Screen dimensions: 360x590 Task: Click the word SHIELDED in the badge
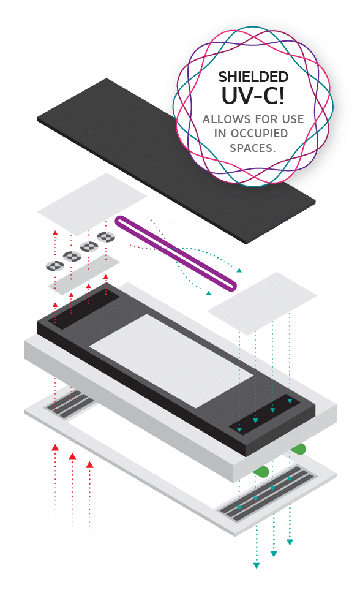pos(253,77)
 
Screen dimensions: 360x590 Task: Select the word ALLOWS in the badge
pos(222,119)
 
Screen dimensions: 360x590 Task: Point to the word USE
pos(293,119)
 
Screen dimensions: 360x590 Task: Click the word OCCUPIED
pos(259,134)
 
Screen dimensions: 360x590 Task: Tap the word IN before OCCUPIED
pos(220,134)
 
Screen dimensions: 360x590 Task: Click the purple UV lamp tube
pos(176,253)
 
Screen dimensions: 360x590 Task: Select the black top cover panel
pos(176,161)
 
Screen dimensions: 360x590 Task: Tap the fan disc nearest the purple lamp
pos(106,237)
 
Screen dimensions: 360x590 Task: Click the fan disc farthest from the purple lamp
pos(55,266)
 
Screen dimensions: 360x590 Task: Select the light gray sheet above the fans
pos(91,204)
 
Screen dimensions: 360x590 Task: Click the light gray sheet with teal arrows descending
pos(262,304)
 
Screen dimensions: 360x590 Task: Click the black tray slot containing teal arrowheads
pos(264,414)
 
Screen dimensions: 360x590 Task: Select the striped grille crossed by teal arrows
pos(266,494)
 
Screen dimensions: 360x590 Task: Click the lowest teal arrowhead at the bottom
pos(257,565)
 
